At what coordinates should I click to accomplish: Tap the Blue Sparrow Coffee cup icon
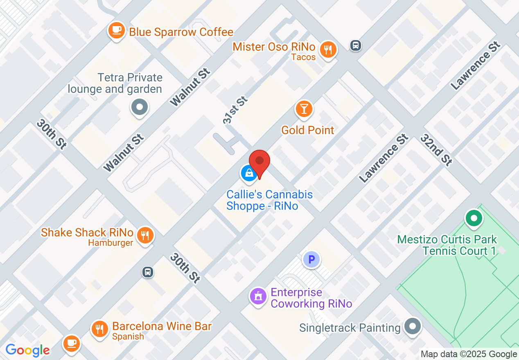click(x=117, y=30)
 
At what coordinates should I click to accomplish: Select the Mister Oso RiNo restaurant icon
click(x=328, y=49)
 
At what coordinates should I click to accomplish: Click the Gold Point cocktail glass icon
click(x=304, y=109)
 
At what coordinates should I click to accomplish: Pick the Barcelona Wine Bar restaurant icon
click(x=99, y=328)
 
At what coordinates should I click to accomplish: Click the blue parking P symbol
click(x=311, y=259)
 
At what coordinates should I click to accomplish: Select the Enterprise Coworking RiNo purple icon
click(x=258, y=296)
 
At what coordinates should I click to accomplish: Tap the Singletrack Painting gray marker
click(x=412, y=326)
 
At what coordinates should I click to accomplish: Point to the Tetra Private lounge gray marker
click(x=140, y=108)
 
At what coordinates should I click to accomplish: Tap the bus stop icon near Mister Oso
click(x=356, y=45)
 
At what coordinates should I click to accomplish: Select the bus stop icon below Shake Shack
click(x=148, y=272)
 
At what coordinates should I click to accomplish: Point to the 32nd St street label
click(x=436, y=150)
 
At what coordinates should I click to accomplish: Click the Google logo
click(x=27, y=350)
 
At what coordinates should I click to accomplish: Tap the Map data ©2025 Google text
click(x=469, y=354)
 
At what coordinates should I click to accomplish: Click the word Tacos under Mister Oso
click(x=303, y=57)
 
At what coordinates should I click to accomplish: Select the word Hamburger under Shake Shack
click(x=111, y=243)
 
